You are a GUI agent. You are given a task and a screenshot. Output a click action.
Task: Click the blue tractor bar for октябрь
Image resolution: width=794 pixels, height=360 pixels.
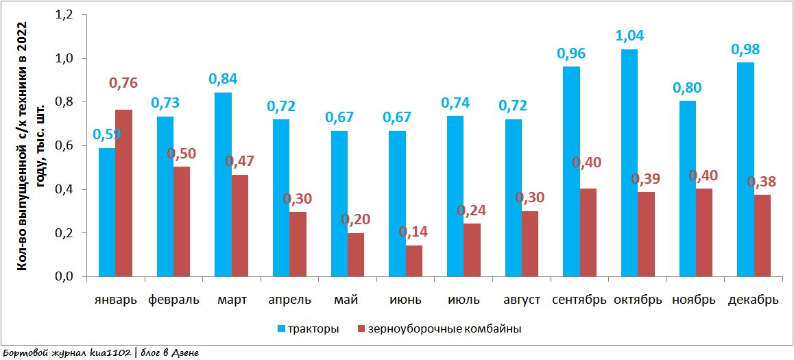point(629,163)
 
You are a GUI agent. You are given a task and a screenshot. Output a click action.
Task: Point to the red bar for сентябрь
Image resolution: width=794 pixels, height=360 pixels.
point(588,232)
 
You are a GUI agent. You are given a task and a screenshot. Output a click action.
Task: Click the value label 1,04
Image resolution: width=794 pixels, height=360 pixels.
point(629,36)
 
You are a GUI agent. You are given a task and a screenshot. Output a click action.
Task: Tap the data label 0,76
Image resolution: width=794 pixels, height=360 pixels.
point(123,83)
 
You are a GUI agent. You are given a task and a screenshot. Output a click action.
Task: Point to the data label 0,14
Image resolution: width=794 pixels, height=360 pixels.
point(414,232)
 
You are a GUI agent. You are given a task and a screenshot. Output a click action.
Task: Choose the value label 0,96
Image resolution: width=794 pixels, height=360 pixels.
point(571,53)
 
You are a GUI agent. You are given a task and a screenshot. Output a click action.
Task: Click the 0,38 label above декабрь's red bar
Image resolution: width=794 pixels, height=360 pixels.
point(762,182)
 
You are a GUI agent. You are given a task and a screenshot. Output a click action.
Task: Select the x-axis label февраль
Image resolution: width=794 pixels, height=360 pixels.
point(173,300)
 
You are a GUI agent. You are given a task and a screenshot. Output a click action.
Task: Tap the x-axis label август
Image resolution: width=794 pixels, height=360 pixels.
point(522,300)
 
